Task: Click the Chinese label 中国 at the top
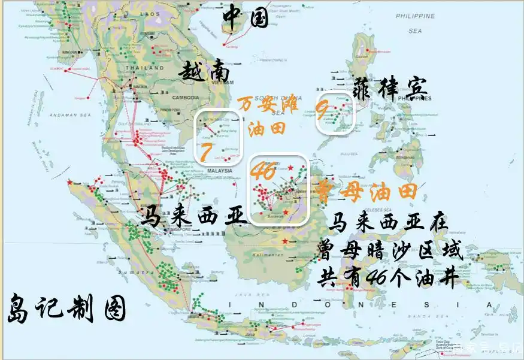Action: coord(246,17)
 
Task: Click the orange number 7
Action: coord(205,153)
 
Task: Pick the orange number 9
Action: coord(322,110)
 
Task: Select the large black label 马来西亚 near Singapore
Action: coord(194,216)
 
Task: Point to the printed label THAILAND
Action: coord(144,69)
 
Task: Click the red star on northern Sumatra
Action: coord(71,181)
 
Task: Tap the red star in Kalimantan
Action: coord(285,241)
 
